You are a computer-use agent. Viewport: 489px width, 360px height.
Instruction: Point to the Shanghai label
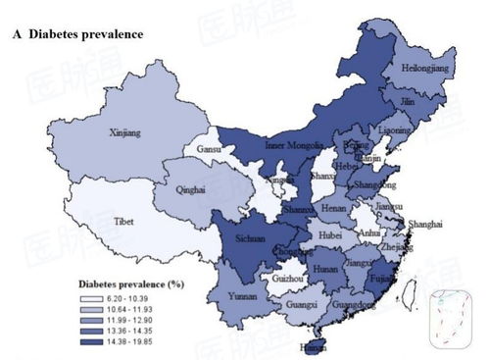pyautogui.click(x=425, y=224)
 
